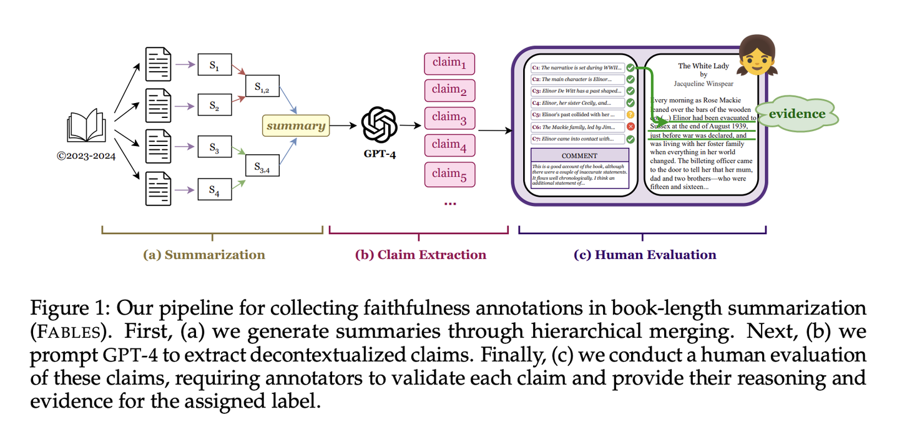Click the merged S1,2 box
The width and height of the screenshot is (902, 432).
pos(262,89)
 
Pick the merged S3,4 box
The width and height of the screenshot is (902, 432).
pos(262,167)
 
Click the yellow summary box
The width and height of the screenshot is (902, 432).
pos(296,125)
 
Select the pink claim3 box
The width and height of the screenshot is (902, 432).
pos(449,117)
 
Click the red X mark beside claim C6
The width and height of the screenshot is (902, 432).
pos(630,127)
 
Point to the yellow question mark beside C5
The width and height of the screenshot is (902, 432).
pos(630,115)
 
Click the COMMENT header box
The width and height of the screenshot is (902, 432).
pos(580,155)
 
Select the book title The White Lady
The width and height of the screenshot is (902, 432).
pos(701,66)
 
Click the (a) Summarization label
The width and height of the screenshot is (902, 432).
pos(204,255)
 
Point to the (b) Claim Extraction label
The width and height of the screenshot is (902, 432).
pos(420,255)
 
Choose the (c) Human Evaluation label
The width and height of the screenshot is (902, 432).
pos(645,255)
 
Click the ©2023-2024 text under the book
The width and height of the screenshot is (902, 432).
pos(86,156)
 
